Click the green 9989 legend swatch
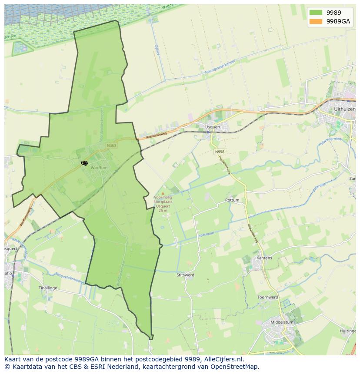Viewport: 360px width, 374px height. pos(316,13)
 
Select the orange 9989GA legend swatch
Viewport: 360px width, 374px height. pos(316,21)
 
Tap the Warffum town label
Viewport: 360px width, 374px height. pos(99,167)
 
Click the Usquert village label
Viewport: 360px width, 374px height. pos(213,127)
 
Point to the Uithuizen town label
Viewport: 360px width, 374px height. pos(344,109)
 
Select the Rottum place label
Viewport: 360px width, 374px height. pos(232,200)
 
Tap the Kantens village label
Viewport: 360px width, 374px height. pos(264,258)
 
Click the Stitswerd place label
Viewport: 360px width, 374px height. pos(186,275)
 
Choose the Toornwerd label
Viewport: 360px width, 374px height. pos(267,298)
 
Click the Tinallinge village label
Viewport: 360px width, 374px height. pos(48,288)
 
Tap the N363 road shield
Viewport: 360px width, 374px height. pos(111,146)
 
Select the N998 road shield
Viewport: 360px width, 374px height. pos(219,152)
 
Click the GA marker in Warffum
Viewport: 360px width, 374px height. pos(84,163)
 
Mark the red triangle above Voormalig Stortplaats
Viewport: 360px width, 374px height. pos(163,193)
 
